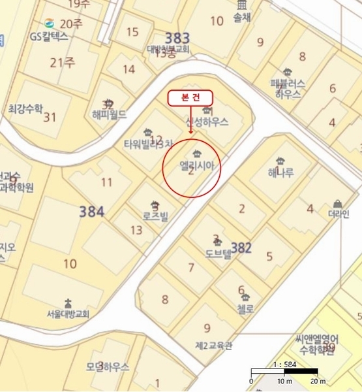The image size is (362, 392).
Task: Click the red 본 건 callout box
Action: click(190, 97)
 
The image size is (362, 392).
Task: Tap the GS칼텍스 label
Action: click(49, 37)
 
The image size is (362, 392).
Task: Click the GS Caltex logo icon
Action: click(49, 24)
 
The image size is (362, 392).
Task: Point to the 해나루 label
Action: click(280, 173)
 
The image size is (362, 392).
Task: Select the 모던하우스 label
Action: click(108, 367)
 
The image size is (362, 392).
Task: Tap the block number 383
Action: click(177, 38)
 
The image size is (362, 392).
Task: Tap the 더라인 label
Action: click(339, 213)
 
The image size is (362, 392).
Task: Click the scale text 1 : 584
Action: click(285, 364)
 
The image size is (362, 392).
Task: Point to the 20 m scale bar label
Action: click(318, 381)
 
